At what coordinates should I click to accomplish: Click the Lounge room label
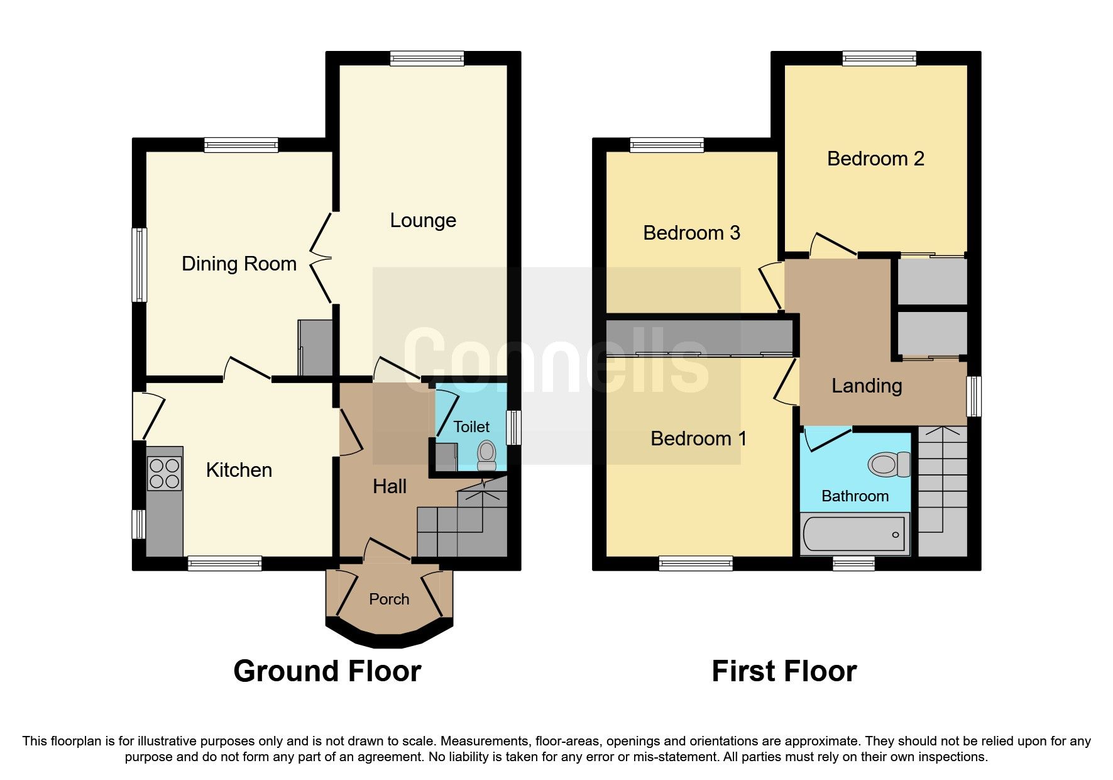pos(423,220)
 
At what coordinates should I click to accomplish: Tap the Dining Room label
pos(239,264)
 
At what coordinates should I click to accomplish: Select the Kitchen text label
pos(239,470)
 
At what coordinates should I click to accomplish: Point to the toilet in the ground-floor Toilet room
pos(486,455)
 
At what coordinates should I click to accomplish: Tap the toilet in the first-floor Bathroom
pos(888,465)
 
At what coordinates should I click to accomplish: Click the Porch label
pos(389,599)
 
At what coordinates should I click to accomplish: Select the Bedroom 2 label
pos(875,159)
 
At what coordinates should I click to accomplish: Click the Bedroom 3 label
pos(691,233)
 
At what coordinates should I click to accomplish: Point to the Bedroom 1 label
pos(698,438)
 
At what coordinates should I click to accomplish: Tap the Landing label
pos(867,386)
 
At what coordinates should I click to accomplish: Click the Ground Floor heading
pos(327,671)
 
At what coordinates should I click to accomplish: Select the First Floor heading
pos(784,671)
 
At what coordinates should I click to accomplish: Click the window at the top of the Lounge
pos(427,58)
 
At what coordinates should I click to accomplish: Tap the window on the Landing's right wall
pos(973,396)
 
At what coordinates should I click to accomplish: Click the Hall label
pos(390,486)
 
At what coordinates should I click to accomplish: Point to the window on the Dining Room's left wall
pos(139,264)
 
